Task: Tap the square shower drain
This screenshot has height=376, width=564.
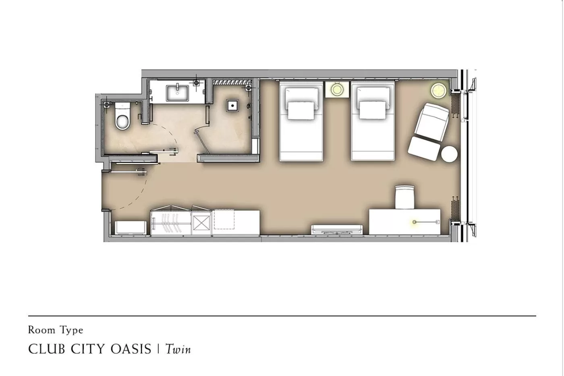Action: [232, 106]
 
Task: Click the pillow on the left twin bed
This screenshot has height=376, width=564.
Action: [300, 110]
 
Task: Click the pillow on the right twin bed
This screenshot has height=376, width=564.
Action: [372, 110]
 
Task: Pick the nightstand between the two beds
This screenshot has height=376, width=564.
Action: [337, 89]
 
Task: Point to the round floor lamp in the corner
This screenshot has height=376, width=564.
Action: [439, 90]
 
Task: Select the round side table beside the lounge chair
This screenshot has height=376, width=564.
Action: [449, 154]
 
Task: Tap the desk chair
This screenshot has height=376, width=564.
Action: [404, 197]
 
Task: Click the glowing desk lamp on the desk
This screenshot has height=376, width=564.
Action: [415, 222]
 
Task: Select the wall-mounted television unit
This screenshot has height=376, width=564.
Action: [337, 229]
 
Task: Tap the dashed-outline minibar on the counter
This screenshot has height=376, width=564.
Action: [224, 220]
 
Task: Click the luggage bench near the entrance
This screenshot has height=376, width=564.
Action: [131, 227]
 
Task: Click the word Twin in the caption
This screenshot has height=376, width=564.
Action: [178, 349]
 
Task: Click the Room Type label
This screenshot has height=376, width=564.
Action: [56, 330]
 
